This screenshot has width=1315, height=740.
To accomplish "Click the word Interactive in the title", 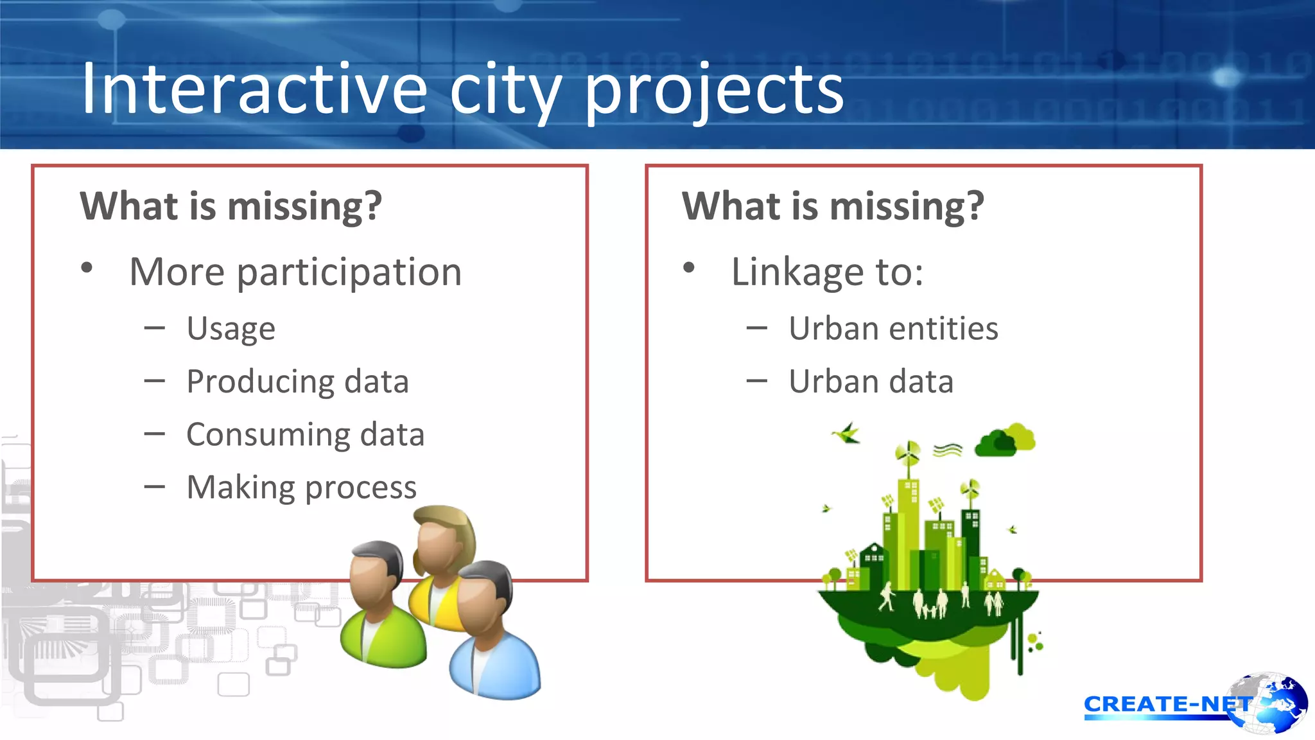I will tap(254, 90).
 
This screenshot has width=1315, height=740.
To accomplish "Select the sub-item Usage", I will tap(231, 330).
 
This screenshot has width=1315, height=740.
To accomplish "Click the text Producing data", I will tap(297, 382).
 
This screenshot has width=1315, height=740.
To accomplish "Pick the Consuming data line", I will tap(305, 435).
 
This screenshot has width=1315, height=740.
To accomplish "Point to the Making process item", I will tap(301, 488).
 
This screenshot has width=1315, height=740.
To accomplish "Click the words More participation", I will tap(295, 272).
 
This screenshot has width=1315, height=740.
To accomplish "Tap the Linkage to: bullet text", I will tap(827, 272).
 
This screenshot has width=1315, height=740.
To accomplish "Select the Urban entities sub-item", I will tap(893, 329).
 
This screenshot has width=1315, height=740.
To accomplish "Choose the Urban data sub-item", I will tap(871, 382).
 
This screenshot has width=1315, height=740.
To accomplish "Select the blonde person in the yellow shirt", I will tap(443, 559).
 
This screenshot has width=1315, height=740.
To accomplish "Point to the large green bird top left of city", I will tap(847, 434).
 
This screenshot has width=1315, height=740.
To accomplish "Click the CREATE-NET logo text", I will tap(1165, 705).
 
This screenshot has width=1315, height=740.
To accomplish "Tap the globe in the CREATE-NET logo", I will tap(1275, 703).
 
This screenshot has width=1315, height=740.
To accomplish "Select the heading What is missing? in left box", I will tap(231, 207).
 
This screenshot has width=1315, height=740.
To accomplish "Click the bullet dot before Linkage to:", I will tap(689, 268).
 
